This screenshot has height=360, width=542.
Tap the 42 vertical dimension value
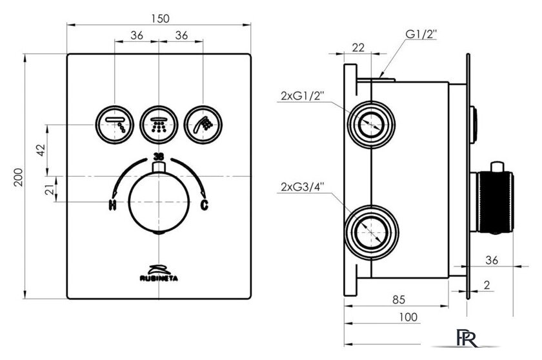(41, 149)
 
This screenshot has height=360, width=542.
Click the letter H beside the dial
(112, 206)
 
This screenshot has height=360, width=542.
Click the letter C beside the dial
(205, 206)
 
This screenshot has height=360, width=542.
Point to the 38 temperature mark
(158, 156)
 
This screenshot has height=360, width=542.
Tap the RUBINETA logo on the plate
(158, 274)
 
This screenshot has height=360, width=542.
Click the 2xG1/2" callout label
(302, 96)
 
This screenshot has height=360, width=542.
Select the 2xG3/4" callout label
(302, 188)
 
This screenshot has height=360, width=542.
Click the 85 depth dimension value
(398, 299)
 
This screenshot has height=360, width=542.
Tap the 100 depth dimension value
(408, 317)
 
